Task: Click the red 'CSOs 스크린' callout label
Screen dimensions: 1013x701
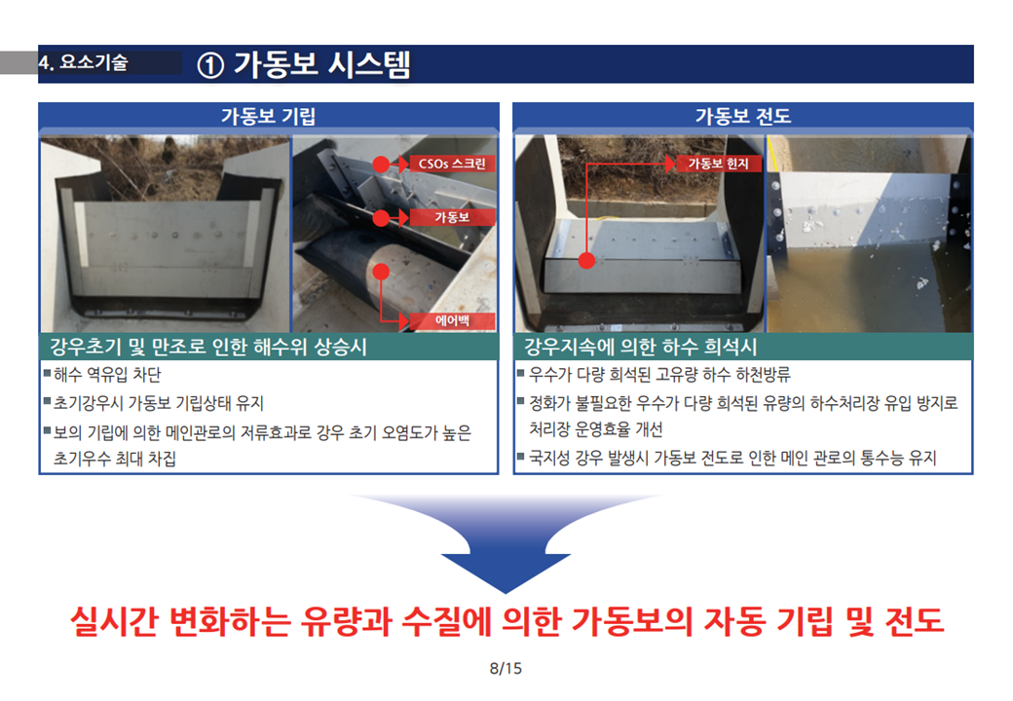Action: (x=452, y=164)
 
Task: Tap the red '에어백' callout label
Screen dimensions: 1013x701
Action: (x=452, y=321)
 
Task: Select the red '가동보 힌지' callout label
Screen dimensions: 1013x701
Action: (x=718, y=164)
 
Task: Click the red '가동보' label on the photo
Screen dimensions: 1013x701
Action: (x=452, y=217)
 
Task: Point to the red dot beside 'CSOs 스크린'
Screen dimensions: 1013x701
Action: (x=381, y=165)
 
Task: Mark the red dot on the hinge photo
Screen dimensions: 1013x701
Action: (x=586, y=260)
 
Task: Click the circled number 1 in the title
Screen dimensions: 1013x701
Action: (x=210, y=65)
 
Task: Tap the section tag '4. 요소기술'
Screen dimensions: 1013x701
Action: (x=84, y=62)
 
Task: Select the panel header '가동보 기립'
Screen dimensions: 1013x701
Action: (x=269, y=116)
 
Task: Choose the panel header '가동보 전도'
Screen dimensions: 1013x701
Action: (x=743, y=116)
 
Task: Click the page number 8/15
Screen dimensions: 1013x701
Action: (x=506, y=668)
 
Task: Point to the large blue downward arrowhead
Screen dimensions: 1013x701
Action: (x=506, y=572)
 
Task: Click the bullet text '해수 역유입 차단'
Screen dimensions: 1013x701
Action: (x=107, y=375)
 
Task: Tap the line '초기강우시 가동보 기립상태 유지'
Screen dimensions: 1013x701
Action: (x=159, y=403)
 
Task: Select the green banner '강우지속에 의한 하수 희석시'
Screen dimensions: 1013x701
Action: (x=640, y=347)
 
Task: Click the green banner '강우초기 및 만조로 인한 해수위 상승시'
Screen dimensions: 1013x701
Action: (x=208, y=347)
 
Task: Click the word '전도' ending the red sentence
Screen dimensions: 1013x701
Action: (x=915, y=621)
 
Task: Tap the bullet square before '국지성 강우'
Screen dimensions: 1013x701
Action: (x=521, y=457)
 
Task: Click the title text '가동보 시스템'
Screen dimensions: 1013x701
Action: (x=321, y=65)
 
